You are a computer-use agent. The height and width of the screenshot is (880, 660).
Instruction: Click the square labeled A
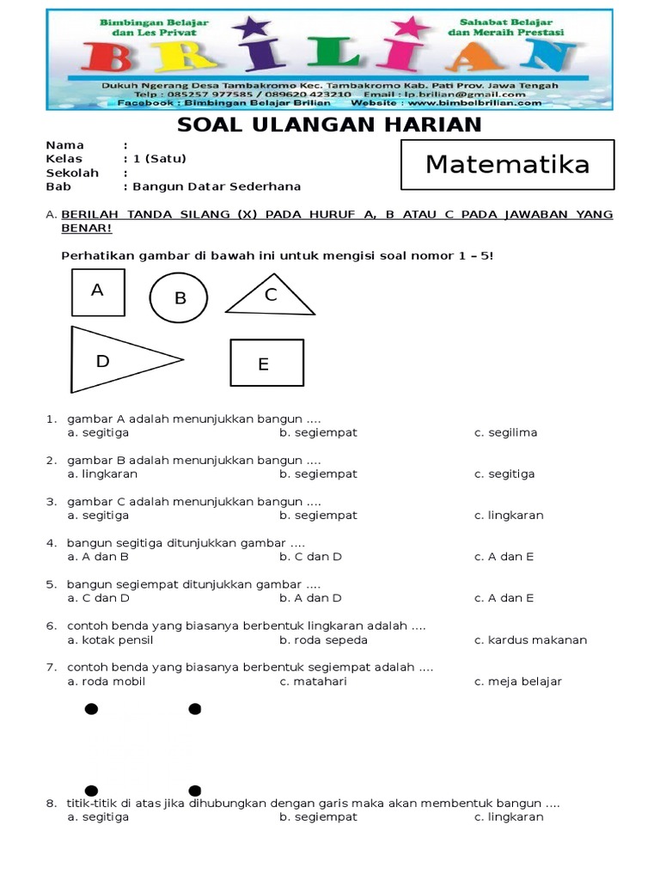98,292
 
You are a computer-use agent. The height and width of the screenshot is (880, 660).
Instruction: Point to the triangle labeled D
116,359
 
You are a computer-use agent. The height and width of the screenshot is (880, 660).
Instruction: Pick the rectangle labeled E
266,363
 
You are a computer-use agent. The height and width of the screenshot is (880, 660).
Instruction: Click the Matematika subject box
507,164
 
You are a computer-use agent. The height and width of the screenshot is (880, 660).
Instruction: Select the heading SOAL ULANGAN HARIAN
329,125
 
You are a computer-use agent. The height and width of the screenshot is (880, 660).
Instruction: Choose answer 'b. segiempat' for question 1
318,432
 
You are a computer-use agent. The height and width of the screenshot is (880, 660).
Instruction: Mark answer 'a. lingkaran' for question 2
102,474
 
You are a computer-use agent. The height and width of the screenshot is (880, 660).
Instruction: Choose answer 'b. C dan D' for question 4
310,556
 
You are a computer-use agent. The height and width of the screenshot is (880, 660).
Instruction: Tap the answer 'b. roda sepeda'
323,639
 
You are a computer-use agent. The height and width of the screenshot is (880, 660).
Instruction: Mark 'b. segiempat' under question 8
318,816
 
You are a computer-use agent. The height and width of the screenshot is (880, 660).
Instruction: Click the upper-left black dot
91,709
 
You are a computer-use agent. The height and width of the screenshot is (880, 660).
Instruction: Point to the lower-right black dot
195,791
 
